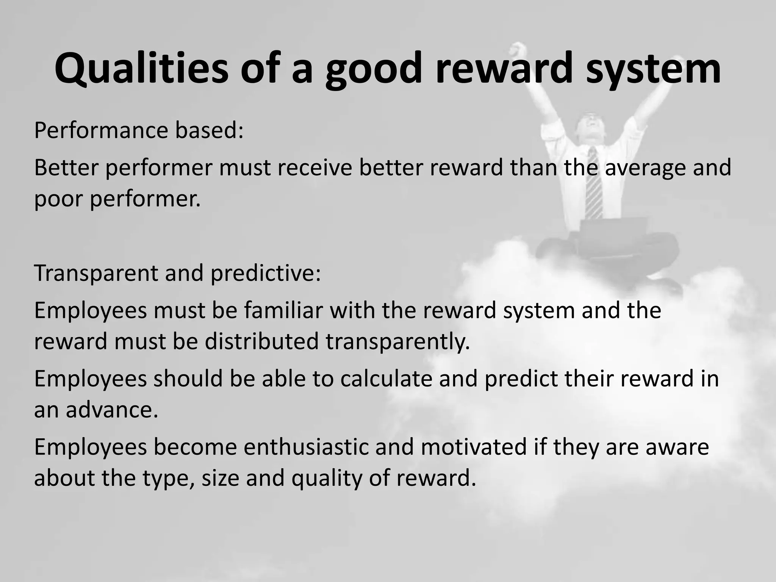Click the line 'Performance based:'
pos(139,131)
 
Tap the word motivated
pos(474,447)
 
